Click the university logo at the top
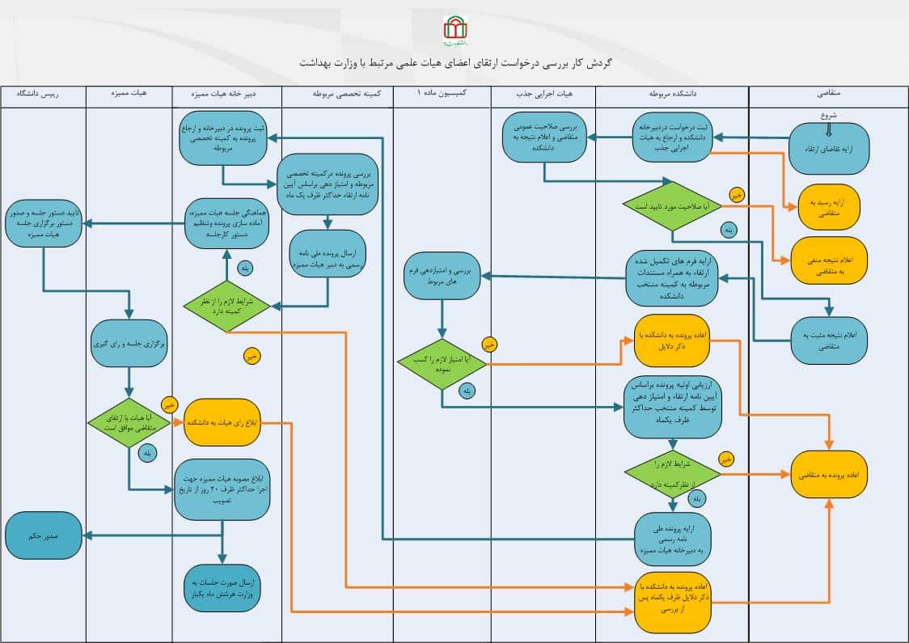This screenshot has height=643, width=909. [x=455, y=31]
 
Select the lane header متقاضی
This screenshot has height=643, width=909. [x=829, y=94]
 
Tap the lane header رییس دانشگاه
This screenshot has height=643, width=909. [x=43, y=94]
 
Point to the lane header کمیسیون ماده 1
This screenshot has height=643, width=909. [x=442, y=94]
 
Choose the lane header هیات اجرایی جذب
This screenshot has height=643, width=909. [x=543, y=94]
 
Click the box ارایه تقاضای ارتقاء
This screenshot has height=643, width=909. [x=829, y=149]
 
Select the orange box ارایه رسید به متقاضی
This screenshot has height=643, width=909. [x=829, y=209]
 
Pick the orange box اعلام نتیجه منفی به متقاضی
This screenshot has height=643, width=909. [x=829, y=260]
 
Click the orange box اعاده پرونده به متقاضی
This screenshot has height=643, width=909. [x=829, y=476]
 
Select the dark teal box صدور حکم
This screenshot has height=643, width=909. [x=44, y=535]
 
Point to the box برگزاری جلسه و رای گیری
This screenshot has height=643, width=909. [x=129, y=343]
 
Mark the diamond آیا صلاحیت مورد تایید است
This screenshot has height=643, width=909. [x=673, y=207]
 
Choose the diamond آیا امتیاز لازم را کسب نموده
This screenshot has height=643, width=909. [x=442, y=364]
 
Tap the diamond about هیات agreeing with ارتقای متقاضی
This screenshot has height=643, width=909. [x=129, y=422]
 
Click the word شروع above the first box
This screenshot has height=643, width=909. [x=829, y=115]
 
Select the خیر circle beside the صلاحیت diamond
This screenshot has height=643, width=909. [x=735, y=195]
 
